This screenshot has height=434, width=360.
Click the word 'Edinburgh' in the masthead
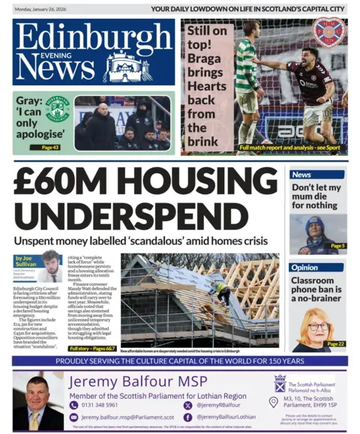[93, 36]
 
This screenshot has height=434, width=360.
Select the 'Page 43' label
[50, 147]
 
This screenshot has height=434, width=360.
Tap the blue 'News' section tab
[302, 175]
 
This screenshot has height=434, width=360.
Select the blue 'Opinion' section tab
[305, 267]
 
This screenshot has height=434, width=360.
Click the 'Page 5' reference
[337, 246]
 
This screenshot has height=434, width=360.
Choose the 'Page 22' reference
[336, 343]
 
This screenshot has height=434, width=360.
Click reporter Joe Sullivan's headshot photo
[51, 264]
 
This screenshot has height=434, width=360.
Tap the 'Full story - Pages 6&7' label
[91, 349]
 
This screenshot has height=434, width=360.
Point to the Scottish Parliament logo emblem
[280, 384]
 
